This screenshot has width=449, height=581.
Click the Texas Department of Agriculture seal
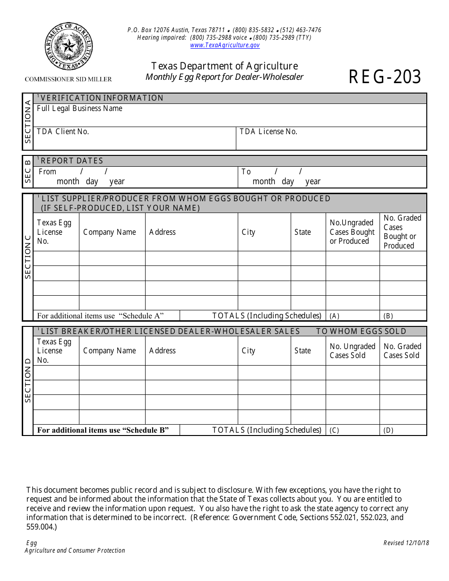tap(69, 46)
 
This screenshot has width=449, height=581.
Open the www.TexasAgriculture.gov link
tap(225, 45)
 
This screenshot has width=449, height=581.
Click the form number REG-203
tap(385, 77)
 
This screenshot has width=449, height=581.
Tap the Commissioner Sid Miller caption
tap(69, 79)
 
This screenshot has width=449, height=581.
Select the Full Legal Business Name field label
tap(79, 109)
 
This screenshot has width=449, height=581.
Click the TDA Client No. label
tap(63, 132)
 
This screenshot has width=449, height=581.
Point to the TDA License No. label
tap(268, 132)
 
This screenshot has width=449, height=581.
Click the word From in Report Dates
tap(47, 172)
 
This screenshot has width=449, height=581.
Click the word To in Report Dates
tap(246, 172)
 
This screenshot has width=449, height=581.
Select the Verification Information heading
tap(102, 98)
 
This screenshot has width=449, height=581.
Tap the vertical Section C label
tap(28, 257)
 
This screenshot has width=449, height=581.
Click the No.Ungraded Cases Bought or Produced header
tap(352, 232)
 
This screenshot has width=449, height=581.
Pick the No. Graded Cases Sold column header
tap(402, 351)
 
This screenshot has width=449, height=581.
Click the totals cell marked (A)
tap(352, 316)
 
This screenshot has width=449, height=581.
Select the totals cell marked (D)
tap(403, 430)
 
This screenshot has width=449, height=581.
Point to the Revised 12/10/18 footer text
tap(406, 543)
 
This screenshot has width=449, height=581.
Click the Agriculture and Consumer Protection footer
tap(75, 551)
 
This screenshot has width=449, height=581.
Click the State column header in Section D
tap(302, 351)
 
